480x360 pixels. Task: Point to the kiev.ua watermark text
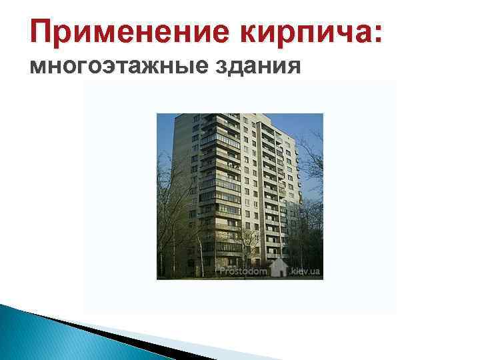pos(306,271)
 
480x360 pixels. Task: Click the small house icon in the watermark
pos(279,268)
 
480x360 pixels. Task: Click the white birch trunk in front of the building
pos(198,247)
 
